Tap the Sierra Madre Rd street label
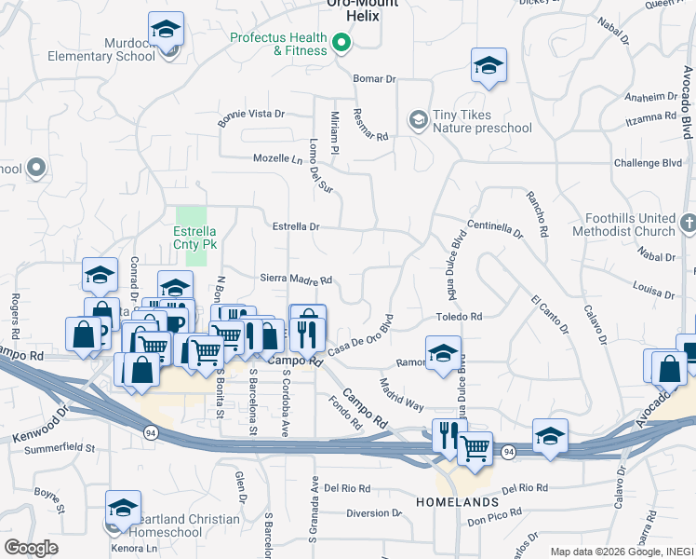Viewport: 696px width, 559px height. pyautogui.click(x=296, y=280)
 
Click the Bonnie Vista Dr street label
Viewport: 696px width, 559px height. pyautogui.click(x=250, y=114)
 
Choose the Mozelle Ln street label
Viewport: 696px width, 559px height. pyautogui.click(x=279, y=158)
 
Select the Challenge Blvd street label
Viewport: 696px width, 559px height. pyautogui.click(x=648, y=162)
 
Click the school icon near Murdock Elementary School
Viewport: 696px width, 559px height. pyautogui.click(x=167, y=31)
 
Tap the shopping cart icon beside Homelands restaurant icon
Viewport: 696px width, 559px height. pyautogui.click(x=475, y=449)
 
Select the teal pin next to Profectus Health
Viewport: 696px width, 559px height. pyautogui.click(x=341, y=42)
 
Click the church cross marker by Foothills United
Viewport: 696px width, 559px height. pyautogui.click(x=688, y=223)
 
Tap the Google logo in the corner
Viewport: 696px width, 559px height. pyautogui.click(x=32, y=549)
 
